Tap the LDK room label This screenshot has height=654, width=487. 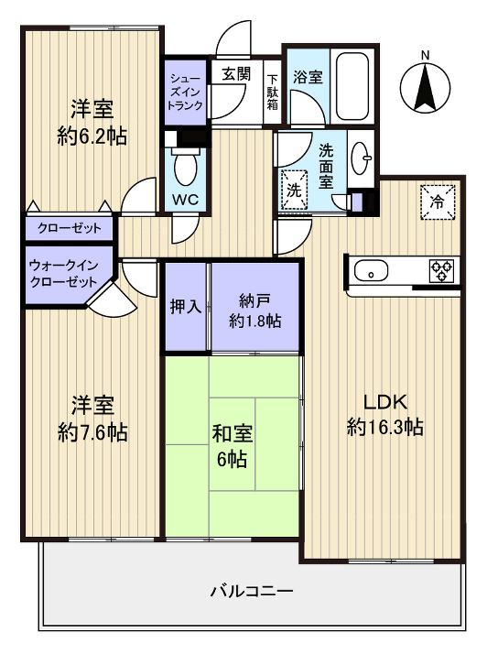click(385, 414)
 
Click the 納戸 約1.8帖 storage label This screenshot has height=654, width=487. click(255, 311)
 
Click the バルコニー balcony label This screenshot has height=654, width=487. click(251, 592)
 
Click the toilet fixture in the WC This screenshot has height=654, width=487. click(187, 167)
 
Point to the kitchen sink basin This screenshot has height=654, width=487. click(372, 270)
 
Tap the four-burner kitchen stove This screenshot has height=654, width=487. click(441, 270)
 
